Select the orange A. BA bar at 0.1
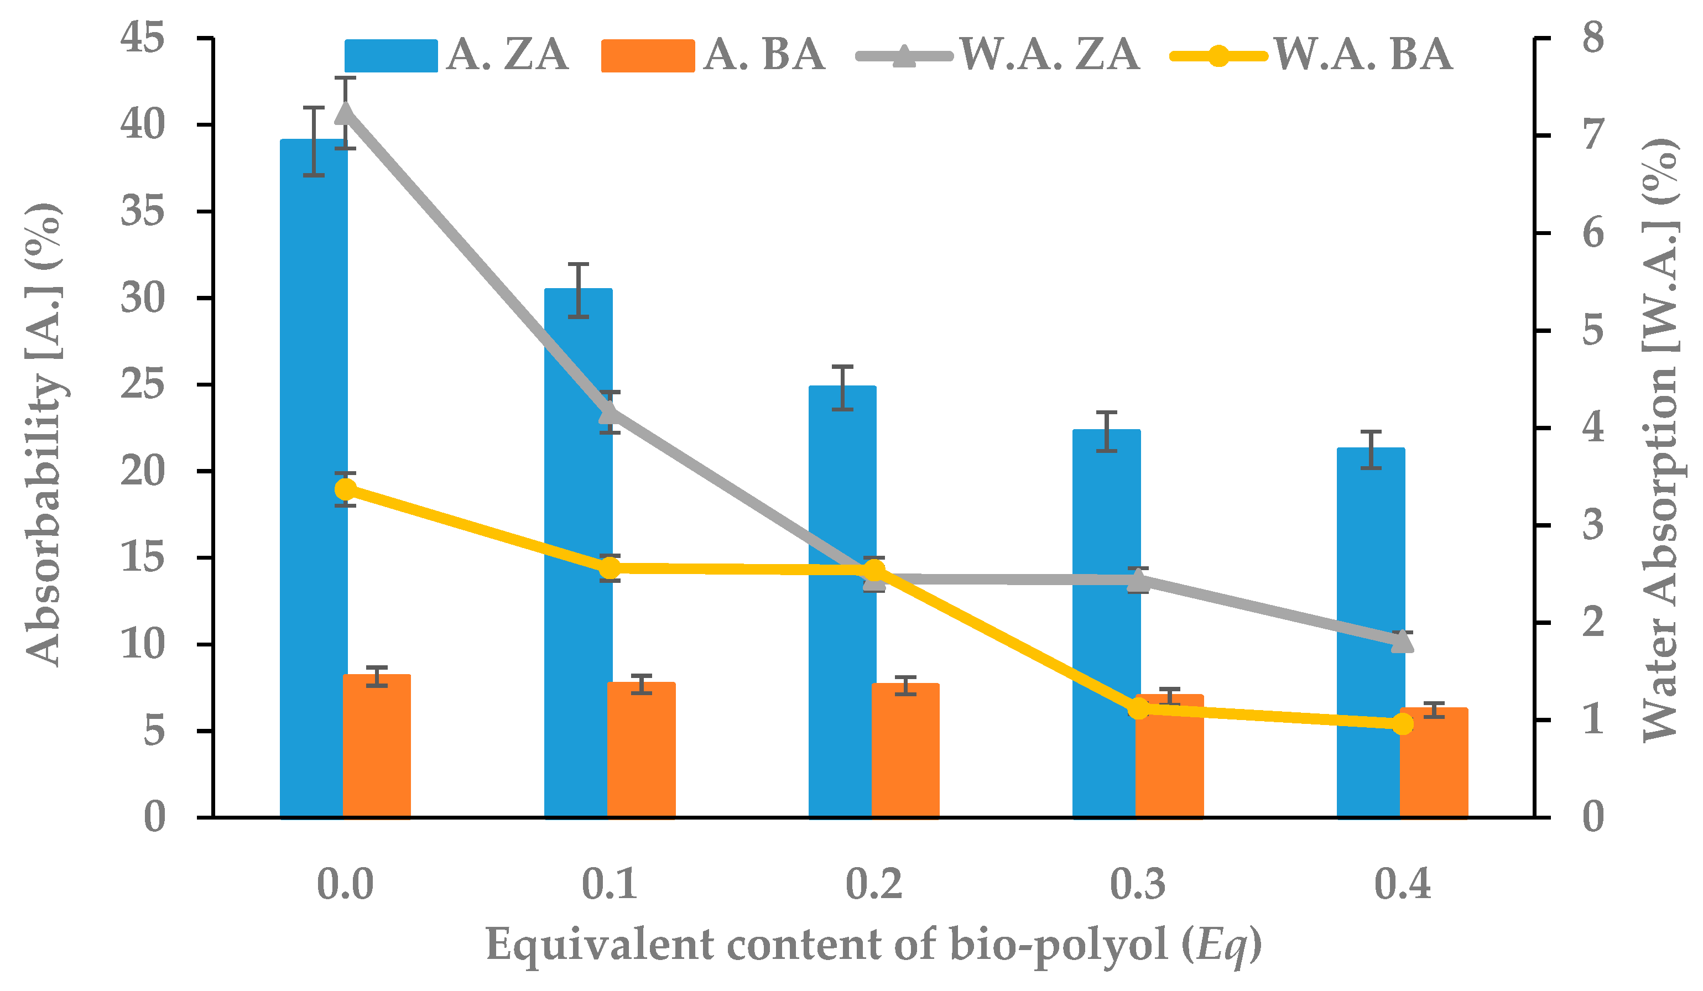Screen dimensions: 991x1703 pos(642,749)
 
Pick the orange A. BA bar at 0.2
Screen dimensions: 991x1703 pos(905,750)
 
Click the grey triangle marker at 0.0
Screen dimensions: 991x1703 pos(345,113)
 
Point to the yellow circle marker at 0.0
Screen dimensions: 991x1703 pos(345,489)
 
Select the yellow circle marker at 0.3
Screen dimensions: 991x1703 pos(1139,708)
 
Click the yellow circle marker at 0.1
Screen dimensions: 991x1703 pos(610,568)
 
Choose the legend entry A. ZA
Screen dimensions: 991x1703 pos(507,54)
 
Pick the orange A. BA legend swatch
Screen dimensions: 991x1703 pos(648,55)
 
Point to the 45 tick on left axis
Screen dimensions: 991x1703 pos(143,37)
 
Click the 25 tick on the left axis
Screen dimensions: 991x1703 pos(143,384)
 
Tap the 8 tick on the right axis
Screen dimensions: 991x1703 pos(1593,37)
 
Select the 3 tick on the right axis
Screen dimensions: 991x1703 pos(1593,525)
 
